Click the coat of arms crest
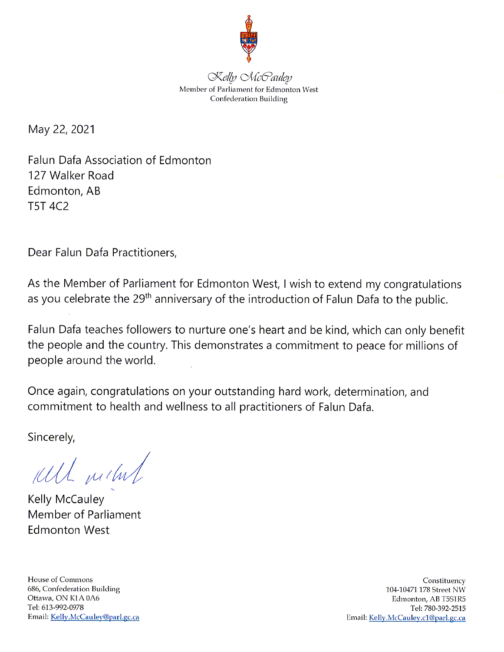[x=249, y=39]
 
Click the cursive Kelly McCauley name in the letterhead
[x=250, y=77]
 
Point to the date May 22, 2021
[x=61, y=129]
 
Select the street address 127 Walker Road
[x=71, y=175]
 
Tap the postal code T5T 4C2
[x=48, y=206]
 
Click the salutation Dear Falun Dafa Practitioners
[x=102, y=252]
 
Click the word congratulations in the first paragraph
[x=422, y=285]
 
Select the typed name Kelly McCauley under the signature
[x=66, y=500]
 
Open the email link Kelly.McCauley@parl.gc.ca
[x=95, y=617]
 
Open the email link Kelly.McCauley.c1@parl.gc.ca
[x=417, y=618]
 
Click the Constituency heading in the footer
[x=444, y=580]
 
